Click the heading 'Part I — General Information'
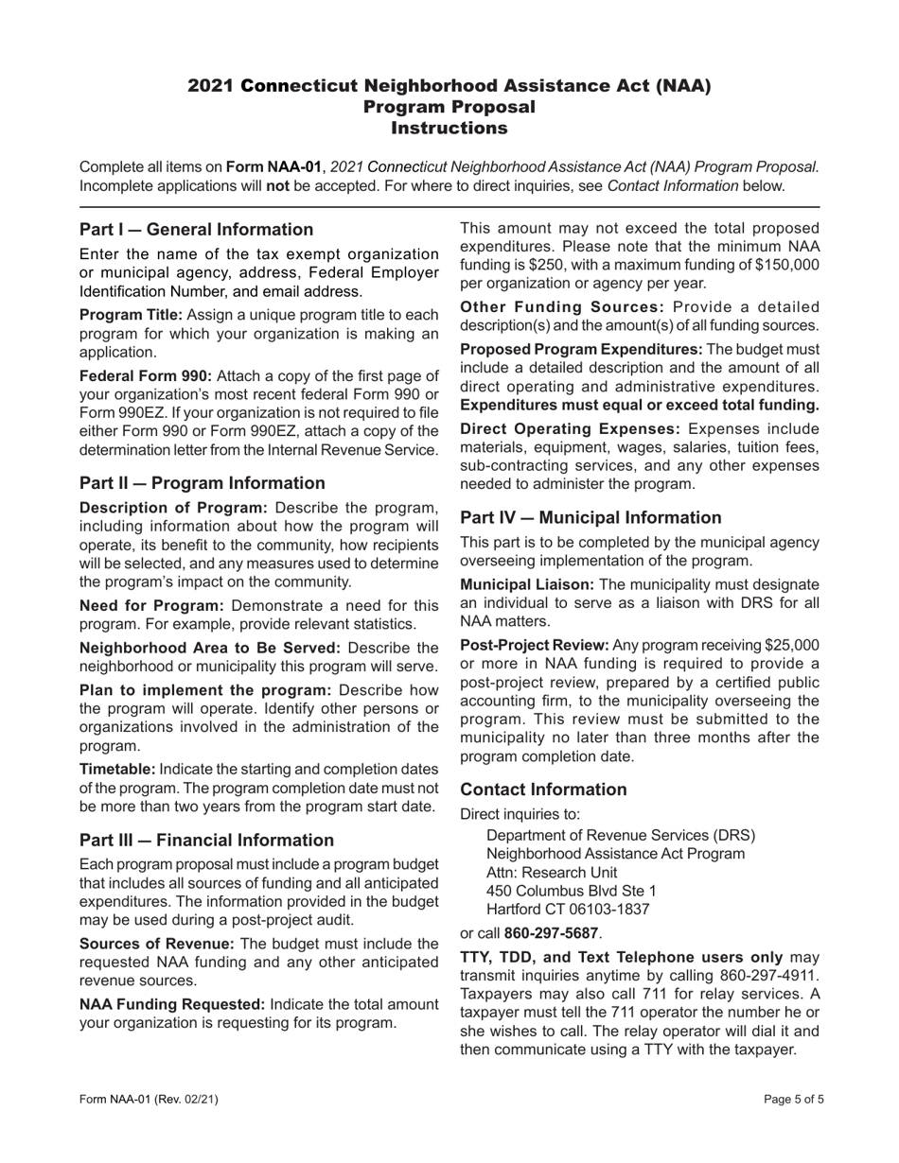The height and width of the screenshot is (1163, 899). coord(196,230)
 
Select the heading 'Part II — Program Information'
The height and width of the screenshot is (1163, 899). coord(202,483)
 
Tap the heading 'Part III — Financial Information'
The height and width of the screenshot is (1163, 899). coord(206,841)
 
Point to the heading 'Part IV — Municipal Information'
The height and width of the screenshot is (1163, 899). coord(591,517)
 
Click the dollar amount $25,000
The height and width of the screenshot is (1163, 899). coord(789,645)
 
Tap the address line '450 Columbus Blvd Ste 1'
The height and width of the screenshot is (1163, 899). coord(571,891)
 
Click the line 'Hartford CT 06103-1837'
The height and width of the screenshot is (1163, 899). coord(568,910)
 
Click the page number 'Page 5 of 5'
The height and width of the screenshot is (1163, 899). coord(793,1100)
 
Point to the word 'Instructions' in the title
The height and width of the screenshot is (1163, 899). coord(449,128)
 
